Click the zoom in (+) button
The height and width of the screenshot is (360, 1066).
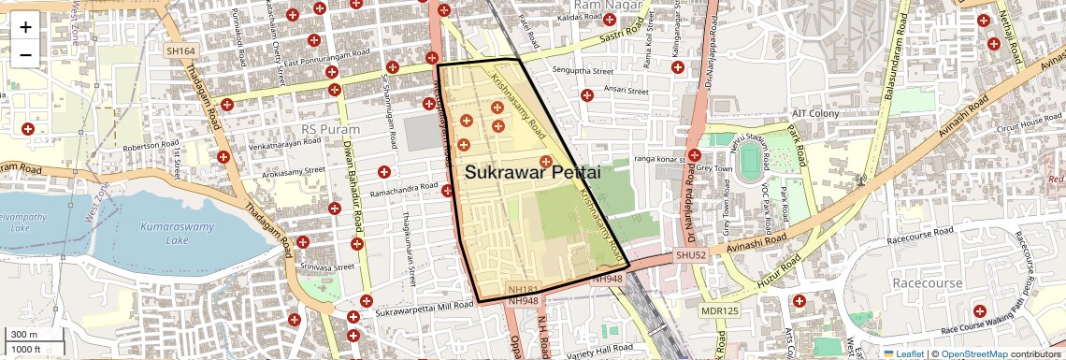pos(25,26)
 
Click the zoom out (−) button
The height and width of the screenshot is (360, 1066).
pos(25,54)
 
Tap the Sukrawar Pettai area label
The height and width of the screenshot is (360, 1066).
pos(532,173)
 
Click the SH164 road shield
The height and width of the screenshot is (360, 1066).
pos(180,51)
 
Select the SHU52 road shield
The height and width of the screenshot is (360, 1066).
pos(687,255)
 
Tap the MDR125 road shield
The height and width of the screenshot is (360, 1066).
pos(719,310)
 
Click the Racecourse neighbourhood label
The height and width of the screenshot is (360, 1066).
pos(928,282)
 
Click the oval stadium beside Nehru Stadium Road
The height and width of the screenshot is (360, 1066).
pos(750,163)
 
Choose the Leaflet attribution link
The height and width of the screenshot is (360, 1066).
pos(904,353)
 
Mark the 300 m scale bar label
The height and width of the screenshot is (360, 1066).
pos(23,335)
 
